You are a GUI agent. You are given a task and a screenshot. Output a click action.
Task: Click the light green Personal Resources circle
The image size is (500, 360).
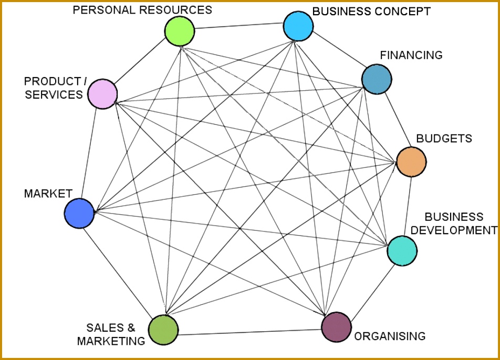coord(180,31)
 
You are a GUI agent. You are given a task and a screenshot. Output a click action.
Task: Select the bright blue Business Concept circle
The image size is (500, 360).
coord(298,26)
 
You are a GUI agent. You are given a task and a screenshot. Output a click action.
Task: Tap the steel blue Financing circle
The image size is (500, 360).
coord(377,79)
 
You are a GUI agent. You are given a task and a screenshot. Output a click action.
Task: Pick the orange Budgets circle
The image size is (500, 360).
coord(411,162)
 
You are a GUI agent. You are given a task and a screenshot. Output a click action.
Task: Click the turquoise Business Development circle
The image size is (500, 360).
coord(402,250)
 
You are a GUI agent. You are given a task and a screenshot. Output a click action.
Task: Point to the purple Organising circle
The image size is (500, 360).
coord(336,327)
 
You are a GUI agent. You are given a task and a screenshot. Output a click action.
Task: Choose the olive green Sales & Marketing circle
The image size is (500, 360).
coord(163,330)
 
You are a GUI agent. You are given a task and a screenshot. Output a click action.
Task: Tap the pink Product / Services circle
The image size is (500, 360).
coord(102,94)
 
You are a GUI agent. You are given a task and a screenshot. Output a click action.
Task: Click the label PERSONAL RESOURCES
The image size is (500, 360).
coord(142,10)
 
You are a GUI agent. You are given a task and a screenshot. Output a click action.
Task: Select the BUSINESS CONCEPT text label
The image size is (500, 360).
coord(371,11)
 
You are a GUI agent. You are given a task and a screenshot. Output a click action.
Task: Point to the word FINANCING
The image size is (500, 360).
coord(411,55)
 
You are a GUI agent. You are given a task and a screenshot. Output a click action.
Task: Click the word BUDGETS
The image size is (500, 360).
coord(444,139)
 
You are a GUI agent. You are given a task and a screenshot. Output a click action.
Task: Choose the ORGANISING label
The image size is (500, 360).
coord(390,336)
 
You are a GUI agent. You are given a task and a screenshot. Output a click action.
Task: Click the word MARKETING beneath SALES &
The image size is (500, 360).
coord(111,341)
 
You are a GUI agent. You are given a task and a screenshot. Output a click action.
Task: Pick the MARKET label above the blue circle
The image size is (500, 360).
coord(48,194)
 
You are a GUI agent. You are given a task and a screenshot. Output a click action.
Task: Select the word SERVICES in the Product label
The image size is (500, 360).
coord(54,94)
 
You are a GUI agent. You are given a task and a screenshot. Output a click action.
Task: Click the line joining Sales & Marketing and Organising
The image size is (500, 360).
coord(249,332)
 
